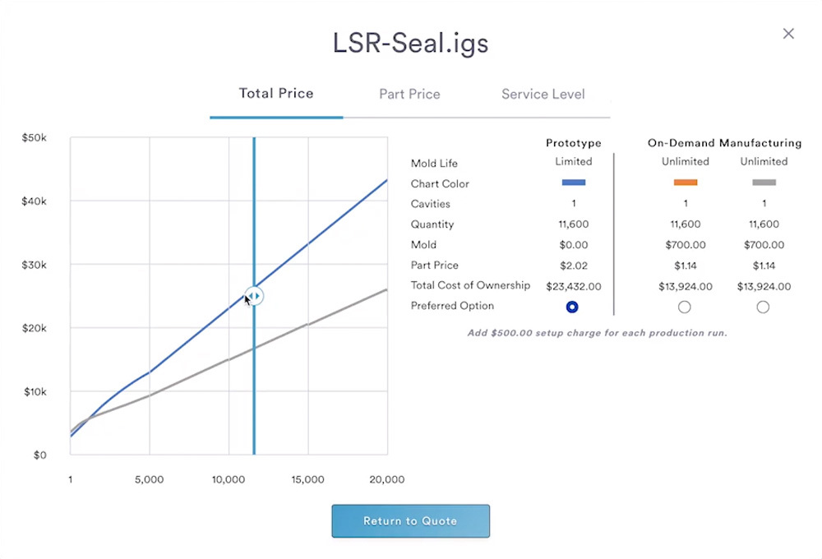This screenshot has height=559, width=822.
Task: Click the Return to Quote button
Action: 410,521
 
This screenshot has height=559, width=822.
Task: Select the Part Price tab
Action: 409,94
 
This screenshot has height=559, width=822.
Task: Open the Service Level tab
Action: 543,94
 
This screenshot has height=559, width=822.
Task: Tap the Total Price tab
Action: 276,93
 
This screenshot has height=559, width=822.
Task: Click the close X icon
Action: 788,34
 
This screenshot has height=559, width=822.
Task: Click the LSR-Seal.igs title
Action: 410,43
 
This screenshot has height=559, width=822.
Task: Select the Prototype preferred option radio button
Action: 573,307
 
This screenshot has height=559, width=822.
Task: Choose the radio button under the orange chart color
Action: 685,307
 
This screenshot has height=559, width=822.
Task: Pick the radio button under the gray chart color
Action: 763,307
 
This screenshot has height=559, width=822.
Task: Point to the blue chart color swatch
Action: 573,182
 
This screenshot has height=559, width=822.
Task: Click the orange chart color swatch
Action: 685,182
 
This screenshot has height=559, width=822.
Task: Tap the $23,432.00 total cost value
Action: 573,286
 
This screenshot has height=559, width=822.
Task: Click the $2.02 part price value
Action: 573,266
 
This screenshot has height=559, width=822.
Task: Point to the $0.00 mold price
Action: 573,245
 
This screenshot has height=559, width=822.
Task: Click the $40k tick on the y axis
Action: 35,201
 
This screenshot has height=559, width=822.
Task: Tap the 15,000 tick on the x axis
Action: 307,480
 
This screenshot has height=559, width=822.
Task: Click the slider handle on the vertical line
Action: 255,295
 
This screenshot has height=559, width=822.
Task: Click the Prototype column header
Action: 573,143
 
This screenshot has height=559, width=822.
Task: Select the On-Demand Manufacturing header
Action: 724,143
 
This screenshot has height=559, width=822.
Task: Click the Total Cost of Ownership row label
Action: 470,285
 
